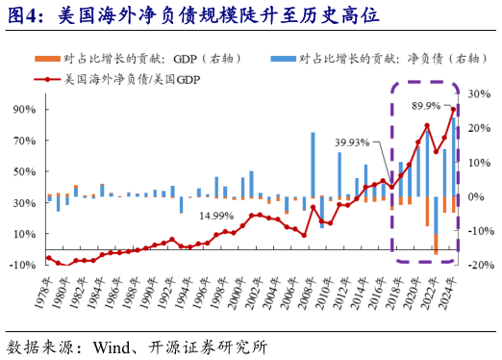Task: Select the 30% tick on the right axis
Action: click(x=479, y=95)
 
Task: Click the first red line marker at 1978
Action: click(x=49, y=258)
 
